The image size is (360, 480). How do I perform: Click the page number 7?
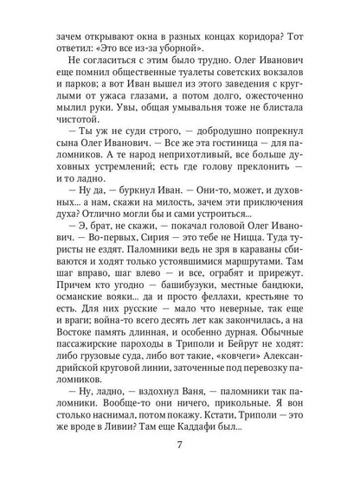click(180, 448)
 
